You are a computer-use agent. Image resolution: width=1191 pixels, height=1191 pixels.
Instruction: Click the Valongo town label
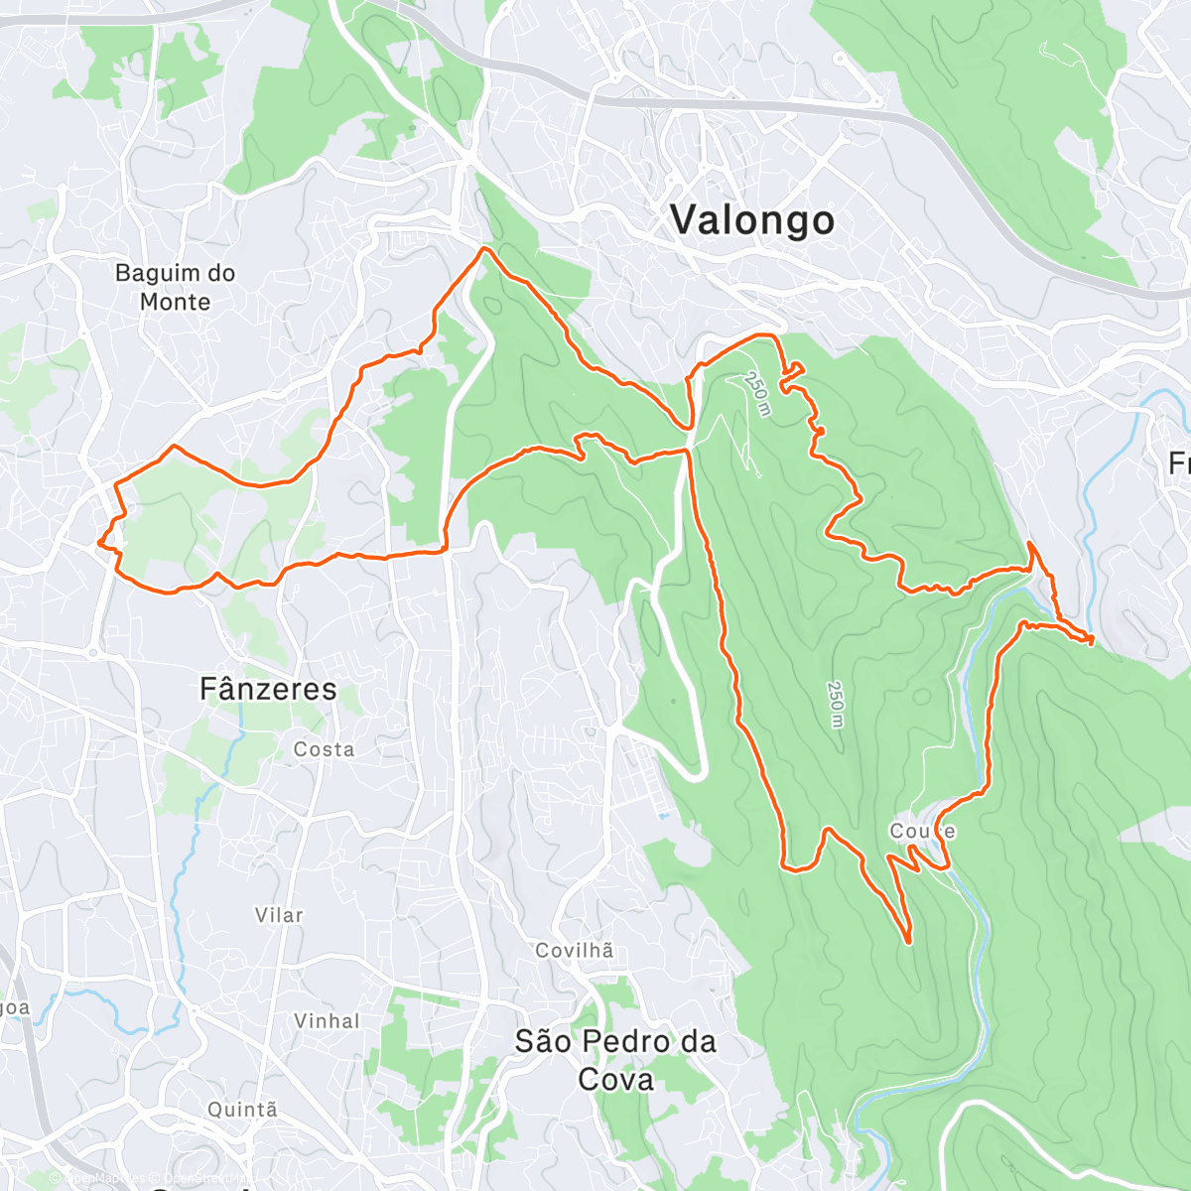tap(752, 220)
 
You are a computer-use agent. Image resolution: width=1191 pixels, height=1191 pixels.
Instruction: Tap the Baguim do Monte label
tap(175, 287)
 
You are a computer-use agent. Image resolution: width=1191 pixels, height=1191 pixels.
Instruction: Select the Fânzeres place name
tap(268, 689)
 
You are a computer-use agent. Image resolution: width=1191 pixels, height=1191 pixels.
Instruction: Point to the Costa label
tap(324, 749)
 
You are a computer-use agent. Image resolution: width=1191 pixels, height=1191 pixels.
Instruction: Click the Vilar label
tap(279, 915)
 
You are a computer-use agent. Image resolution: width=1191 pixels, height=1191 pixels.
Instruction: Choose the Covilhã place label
tap(575, 951)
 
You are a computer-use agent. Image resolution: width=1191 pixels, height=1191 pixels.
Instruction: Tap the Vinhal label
tap(327, 1020)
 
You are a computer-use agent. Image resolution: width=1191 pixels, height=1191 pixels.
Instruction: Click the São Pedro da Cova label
tap(615, 1060)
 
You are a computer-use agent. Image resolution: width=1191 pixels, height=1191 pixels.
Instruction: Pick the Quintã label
tap(242, 1110)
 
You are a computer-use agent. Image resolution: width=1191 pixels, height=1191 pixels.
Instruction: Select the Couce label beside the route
tap(922, 831)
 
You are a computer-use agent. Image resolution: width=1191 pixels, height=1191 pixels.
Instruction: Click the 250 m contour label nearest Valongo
tap(757, 394)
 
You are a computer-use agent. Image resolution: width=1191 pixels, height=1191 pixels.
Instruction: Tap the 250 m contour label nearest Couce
tap(836, 705)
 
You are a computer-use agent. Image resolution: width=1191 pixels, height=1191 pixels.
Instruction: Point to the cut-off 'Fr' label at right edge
tap(1179, 463)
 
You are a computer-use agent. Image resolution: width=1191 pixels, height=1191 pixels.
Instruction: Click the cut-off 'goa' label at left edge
tap(15, 1008)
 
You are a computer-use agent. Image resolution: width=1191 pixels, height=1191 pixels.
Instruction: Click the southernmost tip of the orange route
tap(908, 941)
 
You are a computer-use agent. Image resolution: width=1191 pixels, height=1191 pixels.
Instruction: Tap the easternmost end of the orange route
tap(1092, 639)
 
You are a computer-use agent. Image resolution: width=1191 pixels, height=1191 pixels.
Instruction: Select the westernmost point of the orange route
tap(98, 543)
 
